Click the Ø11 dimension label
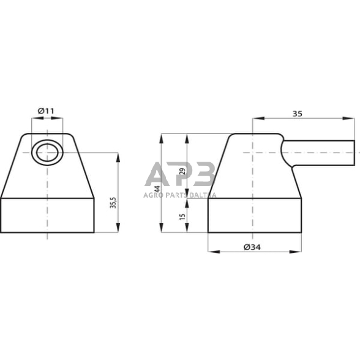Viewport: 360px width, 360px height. [x=46, y=111]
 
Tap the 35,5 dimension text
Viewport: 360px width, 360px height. [x=113, y=203]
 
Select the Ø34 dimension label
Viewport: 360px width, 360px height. [x=252, y=247]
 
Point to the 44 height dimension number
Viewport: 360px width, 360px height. [x=157, y=189]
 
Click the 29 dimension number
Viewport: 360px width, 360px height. [x=182, y=171]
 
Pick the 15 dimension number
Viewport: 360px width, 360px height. [x=182, y=217]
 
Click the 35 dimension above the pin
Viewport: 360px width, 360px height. [x=298, y=114]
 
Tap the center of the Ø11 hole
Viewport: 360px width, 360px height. [x=47, y=152]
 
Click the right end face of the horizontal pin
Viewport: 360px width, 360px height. [x=354, y=152]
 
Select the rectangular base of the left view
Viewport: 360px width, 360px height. [x=47, y=215]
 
